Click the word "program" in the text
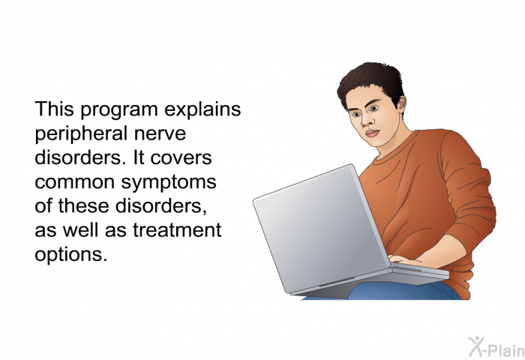pyautogui.click(x=118, y=110)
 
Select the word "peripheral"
pyautogui.click(x=81, y=133)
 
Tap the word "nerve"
pyautogui.click(x=160, y=134)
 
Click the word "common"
pyautogui.click(x=74, y=182)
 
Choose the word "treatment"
pyautogui.click(x=177, y=230)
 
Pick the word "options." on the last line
pyautogui.click(x=71, y=255)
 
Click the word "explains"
pyautogui.click(x=202, y=109)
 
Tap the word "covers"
pyautogui.click(x=181, y=158)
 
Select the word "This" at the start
pyautogui.click(x=54, y=109)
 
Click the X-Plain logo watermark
pyautogui.click(x=496, y=347)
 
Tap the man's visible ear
pyautogui.click(x=401, y=103)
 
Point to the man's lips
pyautogui.click(x=372, y=133)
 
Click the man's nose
pyautogui.click(x=366, y=121)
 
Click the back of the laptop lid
pyautogui.click(x=321, y=229)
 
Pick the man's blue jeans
pyautogui.click(x=402, y=291)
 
